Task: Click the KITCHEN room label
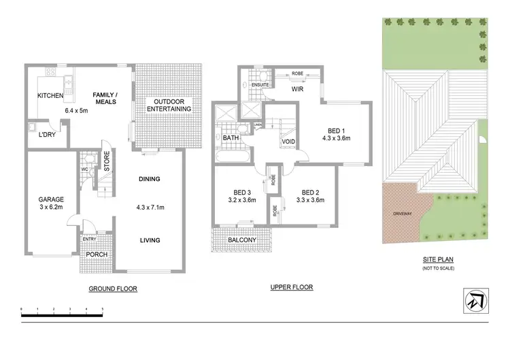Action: (50, 96)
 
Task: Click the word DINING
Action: (149, 180)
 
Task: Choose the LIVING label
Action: (149, 240)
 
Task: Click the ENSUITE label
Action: (261, 85)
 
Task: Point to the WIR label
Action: (298, 89)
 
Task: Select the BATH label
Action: (230, 138)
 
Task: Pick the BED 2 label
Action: (309, 191)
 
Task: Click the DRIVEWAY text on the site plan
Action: (402, 213)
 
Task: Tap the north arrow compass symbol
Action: (477, 301)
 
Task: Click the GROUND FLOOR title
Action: (113, 289)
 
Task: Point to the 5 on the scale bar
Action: (102, 310)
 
